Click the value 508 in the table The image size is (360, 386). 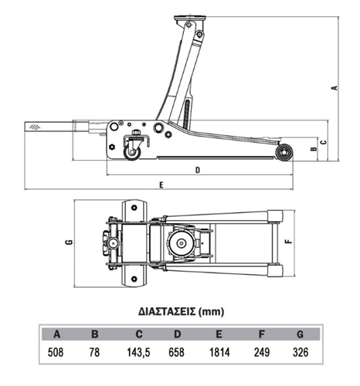point(56,352)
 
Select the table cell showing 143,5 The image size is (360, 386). point(138,352)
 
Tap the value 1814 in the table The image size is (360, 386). point(219,352)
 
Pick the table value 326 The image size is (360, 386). point(301,352)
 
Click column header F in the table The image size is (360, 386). point(262,334)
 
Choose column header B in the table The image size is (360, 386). point(95,334)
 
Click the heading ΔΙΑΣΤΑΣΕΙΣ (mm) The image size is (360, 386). point(181,312)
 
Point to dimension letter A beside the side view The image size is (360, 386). point(335,87)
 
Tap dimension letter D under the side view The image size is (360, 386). point(198,170)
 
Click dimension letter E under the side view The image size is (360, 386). point(161,185)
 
